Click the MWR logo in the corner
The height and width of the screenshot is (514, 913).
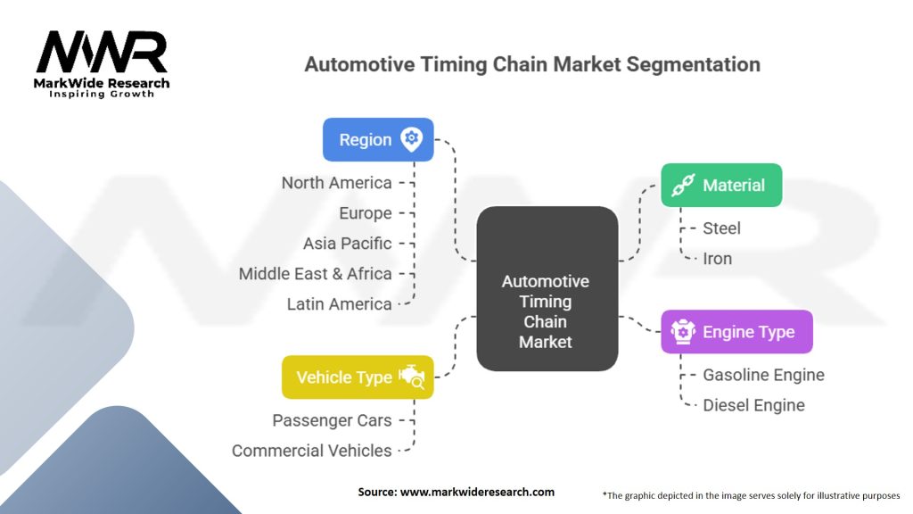[x=102, y=64]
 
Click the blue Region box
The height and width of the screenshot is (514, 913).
[x=378, y=140]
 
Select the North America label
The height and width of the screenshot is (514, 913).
[x=336, y=183]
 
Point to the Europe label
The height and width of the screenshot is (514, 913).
[x=366, y=213]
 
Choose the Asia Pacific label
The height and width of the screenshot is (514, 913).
[x=348, y=244]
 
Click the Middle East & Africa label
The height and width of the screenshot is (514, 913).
[x=316, y=274]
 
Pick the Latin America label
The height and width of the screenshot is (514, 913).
[x=340, y=304]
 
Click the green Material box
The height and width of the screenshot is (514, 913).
[x=721, y=186]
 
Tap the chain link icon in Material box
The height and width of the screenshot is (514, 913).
[x=684, y=186]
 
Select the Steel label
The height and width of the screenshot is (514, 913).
[x=721, y=228]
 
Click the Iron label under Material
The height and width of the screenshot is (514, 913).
[x=718, y=259]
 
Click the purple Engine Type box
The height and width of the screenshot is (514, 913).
[x=736, y=332]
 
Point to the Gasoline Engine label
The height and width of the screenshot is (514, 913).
[x=763, y=376]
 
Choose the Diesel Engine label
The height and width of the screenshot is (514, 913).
[x=754, y=406]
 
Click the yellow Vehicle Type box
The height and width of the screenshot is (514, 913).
[x=358, y=377]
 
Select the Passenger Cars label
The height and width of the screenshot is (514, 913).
[x=332, y=421]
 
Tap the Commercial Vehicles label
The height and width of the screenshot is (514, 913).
[x=311, y=451]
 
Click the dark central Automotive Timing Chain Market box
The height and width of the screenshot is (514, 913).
[x=547, y=289]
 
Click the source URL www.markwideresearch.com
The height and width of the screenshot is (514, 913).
[x=478, y=492]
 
